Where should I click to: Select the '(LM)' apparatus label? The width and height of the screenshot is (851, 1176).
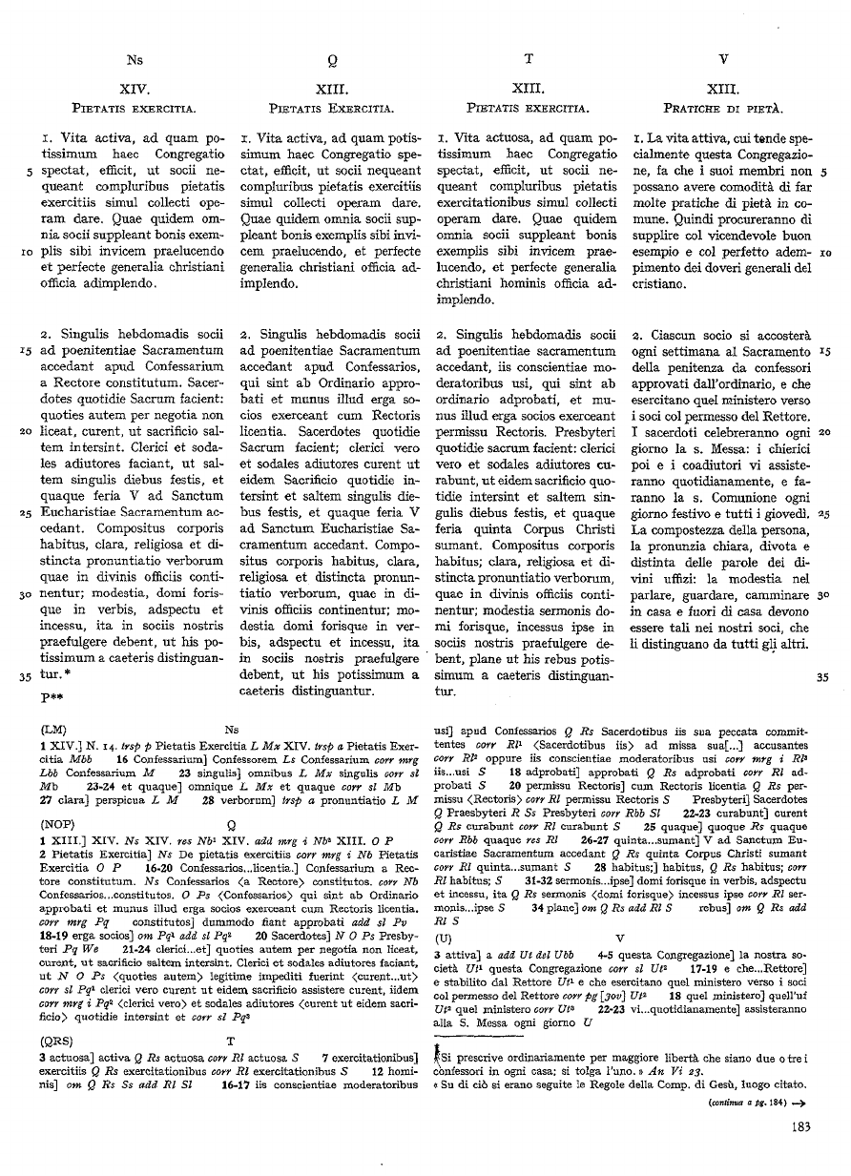(53, 727)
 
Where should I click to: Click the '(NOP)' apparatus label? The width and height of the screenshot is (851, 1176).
(56, 819)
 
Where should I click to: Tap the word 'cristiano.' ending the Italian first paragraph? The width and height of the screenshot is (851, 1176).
(659, 283)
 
